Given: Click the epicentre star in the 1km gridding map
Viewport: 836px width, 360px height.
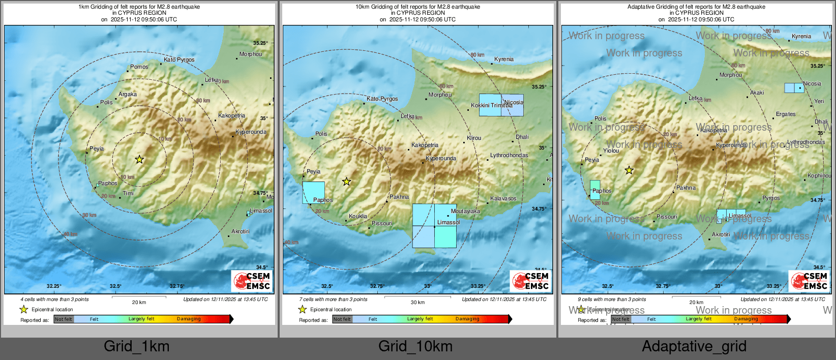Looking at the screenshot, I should click(x=139, y=160).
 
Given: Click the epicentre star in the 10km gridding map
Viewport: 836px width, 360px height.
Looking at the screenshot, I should click(x=346, y=182).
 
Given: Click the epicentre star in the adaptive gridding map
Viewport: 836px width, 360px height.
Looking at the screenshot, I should click(x=629, y=170).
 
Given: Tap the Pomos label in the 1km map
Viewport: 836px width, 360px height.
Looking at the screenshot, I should click(x=139, y=67).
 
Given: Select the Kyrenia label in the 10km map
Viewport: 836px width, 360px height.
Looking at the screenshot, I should click(x=504, y=59).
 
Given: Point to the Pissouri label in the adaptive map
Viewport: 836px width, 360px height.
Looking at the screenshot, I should click(x=667, y=217).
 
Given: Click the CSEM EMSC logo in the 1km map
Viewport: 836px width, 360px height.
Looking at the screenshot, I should click(x=252, y=281).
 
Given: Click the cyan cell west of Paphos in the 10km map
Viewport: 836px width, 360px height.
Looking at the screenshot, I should click(x=313, y=193).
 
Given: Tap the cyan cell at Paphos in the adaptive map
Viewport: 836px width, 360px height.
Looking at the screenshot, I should click(x=595, y=190).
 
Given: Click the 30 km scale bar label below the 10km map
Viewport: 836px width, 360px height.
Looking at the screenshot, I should click(x=417, y=303).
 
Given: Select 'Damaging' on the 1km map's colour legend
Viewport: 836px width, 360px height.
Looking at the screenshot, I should click(x=189, y=319).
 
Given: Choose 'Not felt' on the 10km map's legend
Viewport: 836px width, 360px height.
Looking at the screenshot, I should click(x=342, y=319).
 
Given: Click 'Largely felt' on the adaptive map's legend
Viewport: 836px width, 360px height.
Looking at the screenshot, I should click(x=698, y=319).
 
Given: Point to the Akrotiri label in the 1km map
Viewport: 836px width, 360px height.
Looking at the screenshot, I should click(x=241, y=231).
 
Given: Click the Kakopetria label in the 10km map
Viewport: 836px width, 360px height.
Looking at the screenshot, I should click(x=425, y=145).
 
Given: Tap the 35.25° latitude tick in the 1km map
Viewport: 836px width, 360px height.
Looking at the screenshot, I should click(x=260, y=43).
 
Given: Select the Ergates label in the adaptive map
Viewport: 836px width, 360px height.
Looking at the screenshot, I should click(x=786, y=114).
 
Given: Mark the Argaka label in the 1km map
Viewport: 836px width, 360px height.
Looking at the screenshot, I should click(x=128, y=94).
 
